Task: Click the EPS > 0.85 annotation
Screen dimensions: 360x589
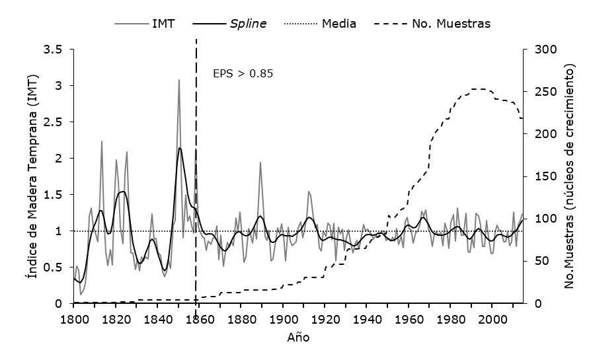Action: coord(243,73)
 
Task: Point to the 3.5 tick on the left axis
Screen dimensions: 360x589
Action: coord(54,50)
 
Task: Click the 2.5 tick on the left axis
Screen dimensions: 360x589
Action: coord(54,122)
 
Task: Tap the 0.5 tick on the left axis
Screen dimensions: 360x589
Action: coord(54,268)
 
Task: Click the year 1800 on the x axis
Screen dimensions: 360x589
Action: coord(74,319)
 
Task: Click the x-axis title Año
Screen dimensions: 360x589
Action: coord(299,338)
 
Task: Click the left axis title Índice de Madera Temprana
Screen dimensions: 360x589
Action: coord(30,176)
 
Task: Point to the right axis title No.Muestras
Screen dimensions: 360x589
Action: coord(569,176)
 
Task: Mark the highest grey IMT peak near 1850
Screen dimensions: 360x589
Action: coord(178,80)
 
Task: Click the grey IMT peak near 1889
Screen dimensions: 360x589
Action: coord(260,162)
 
